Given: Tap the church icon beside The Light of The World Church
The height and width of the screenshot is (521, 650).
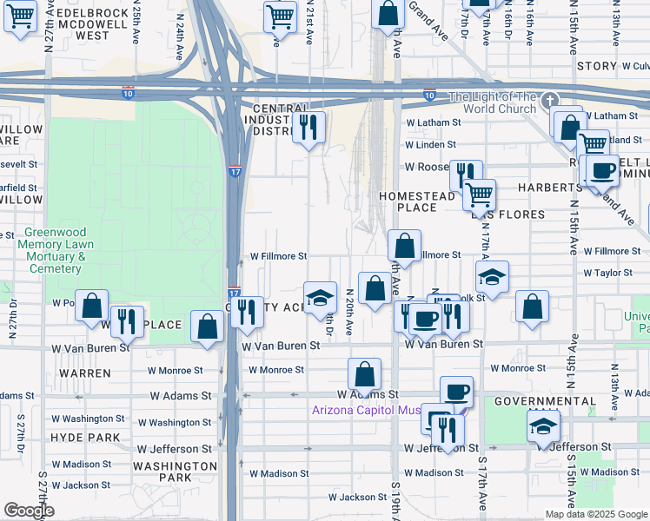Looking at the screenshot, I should (x=547, y=101).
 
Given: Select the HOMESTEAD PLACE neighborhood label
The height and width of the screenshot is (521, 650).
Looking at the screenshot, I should (x=417, y=201).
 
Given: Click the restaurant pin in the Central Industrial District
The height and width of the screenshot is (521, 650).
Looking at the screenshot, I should (x=308, y=129).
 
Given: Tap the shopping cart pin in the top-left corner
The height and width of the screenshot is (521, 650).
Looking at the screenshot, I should (x=20, y=15).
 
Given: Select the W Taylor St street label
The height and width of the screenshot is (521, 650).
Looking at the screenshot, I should (x=608, y=273).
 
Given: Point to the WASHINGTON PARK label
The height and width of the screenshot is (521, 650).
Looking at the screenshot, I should (x=176, y=472).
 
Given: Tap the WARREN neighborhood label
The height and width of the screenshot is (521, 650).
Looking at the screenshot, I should (x=87, y=373).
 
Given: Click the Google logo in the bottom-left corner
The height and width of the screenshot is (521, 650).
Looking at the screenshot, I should (x=29, y=510).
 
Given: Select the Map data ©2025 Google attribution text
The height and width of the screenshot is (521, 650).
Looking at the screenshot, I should (x=597, y=514).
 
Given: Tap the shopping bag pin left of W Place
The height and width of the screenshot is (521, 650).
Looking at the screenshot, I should (x=91, y=307).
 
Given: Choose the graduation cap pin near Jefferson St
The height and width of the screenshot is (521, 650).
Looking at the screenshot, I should (x=543, y=426).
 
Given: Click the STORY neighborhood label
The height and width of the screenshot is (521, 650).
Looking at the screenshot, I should (x=597, y=66).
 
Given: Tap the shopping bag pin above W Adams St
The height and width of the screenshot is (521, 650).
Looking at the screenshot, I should (x=365, y=374).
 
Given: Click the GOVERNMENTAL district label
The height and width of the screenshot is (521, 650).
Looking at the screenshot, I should (x=545, y=402).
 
